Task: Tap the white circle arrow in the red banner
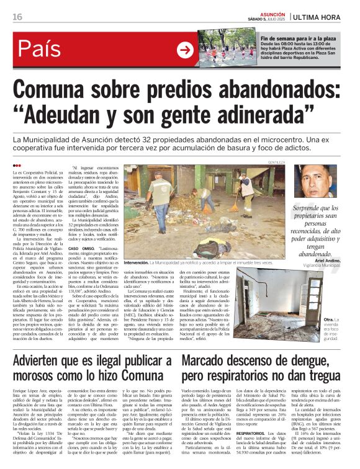click(185, 50)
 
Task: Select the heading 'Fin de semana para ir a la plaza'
click(302, 38)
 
